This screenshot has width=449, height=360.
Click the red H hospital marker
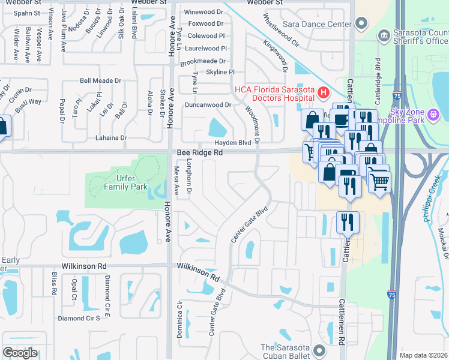click(x=324, y=92)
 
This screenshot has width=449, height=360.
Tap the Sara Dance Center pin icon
click(x=361, y=23)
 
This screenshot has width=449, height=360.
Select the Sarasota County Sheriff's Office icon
click(x=383, y=36)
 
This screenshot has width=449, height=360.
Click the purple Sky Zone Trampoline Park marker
click(x=433, y=113)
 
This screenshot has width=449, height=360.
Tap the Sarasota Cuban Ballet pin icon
click(x=318, y=350)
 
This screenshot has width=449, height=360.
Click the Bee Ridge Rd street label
click(x=200, y=154)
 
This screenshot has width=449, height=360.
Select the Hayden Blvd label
click(x=233, y=143)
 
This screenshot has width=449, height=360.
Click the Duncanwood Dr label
click(x=208, y=104)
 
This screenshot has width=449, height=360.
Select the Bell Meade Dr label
click(x=100, y=80)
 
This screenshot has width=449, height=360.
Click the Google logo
click(x=19, y=352)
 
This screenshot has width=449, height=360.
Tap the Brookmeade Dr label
click(x=202, y=61)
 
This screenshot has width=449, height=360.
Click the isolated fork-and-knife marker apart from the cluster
click(x=347, y=223)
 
